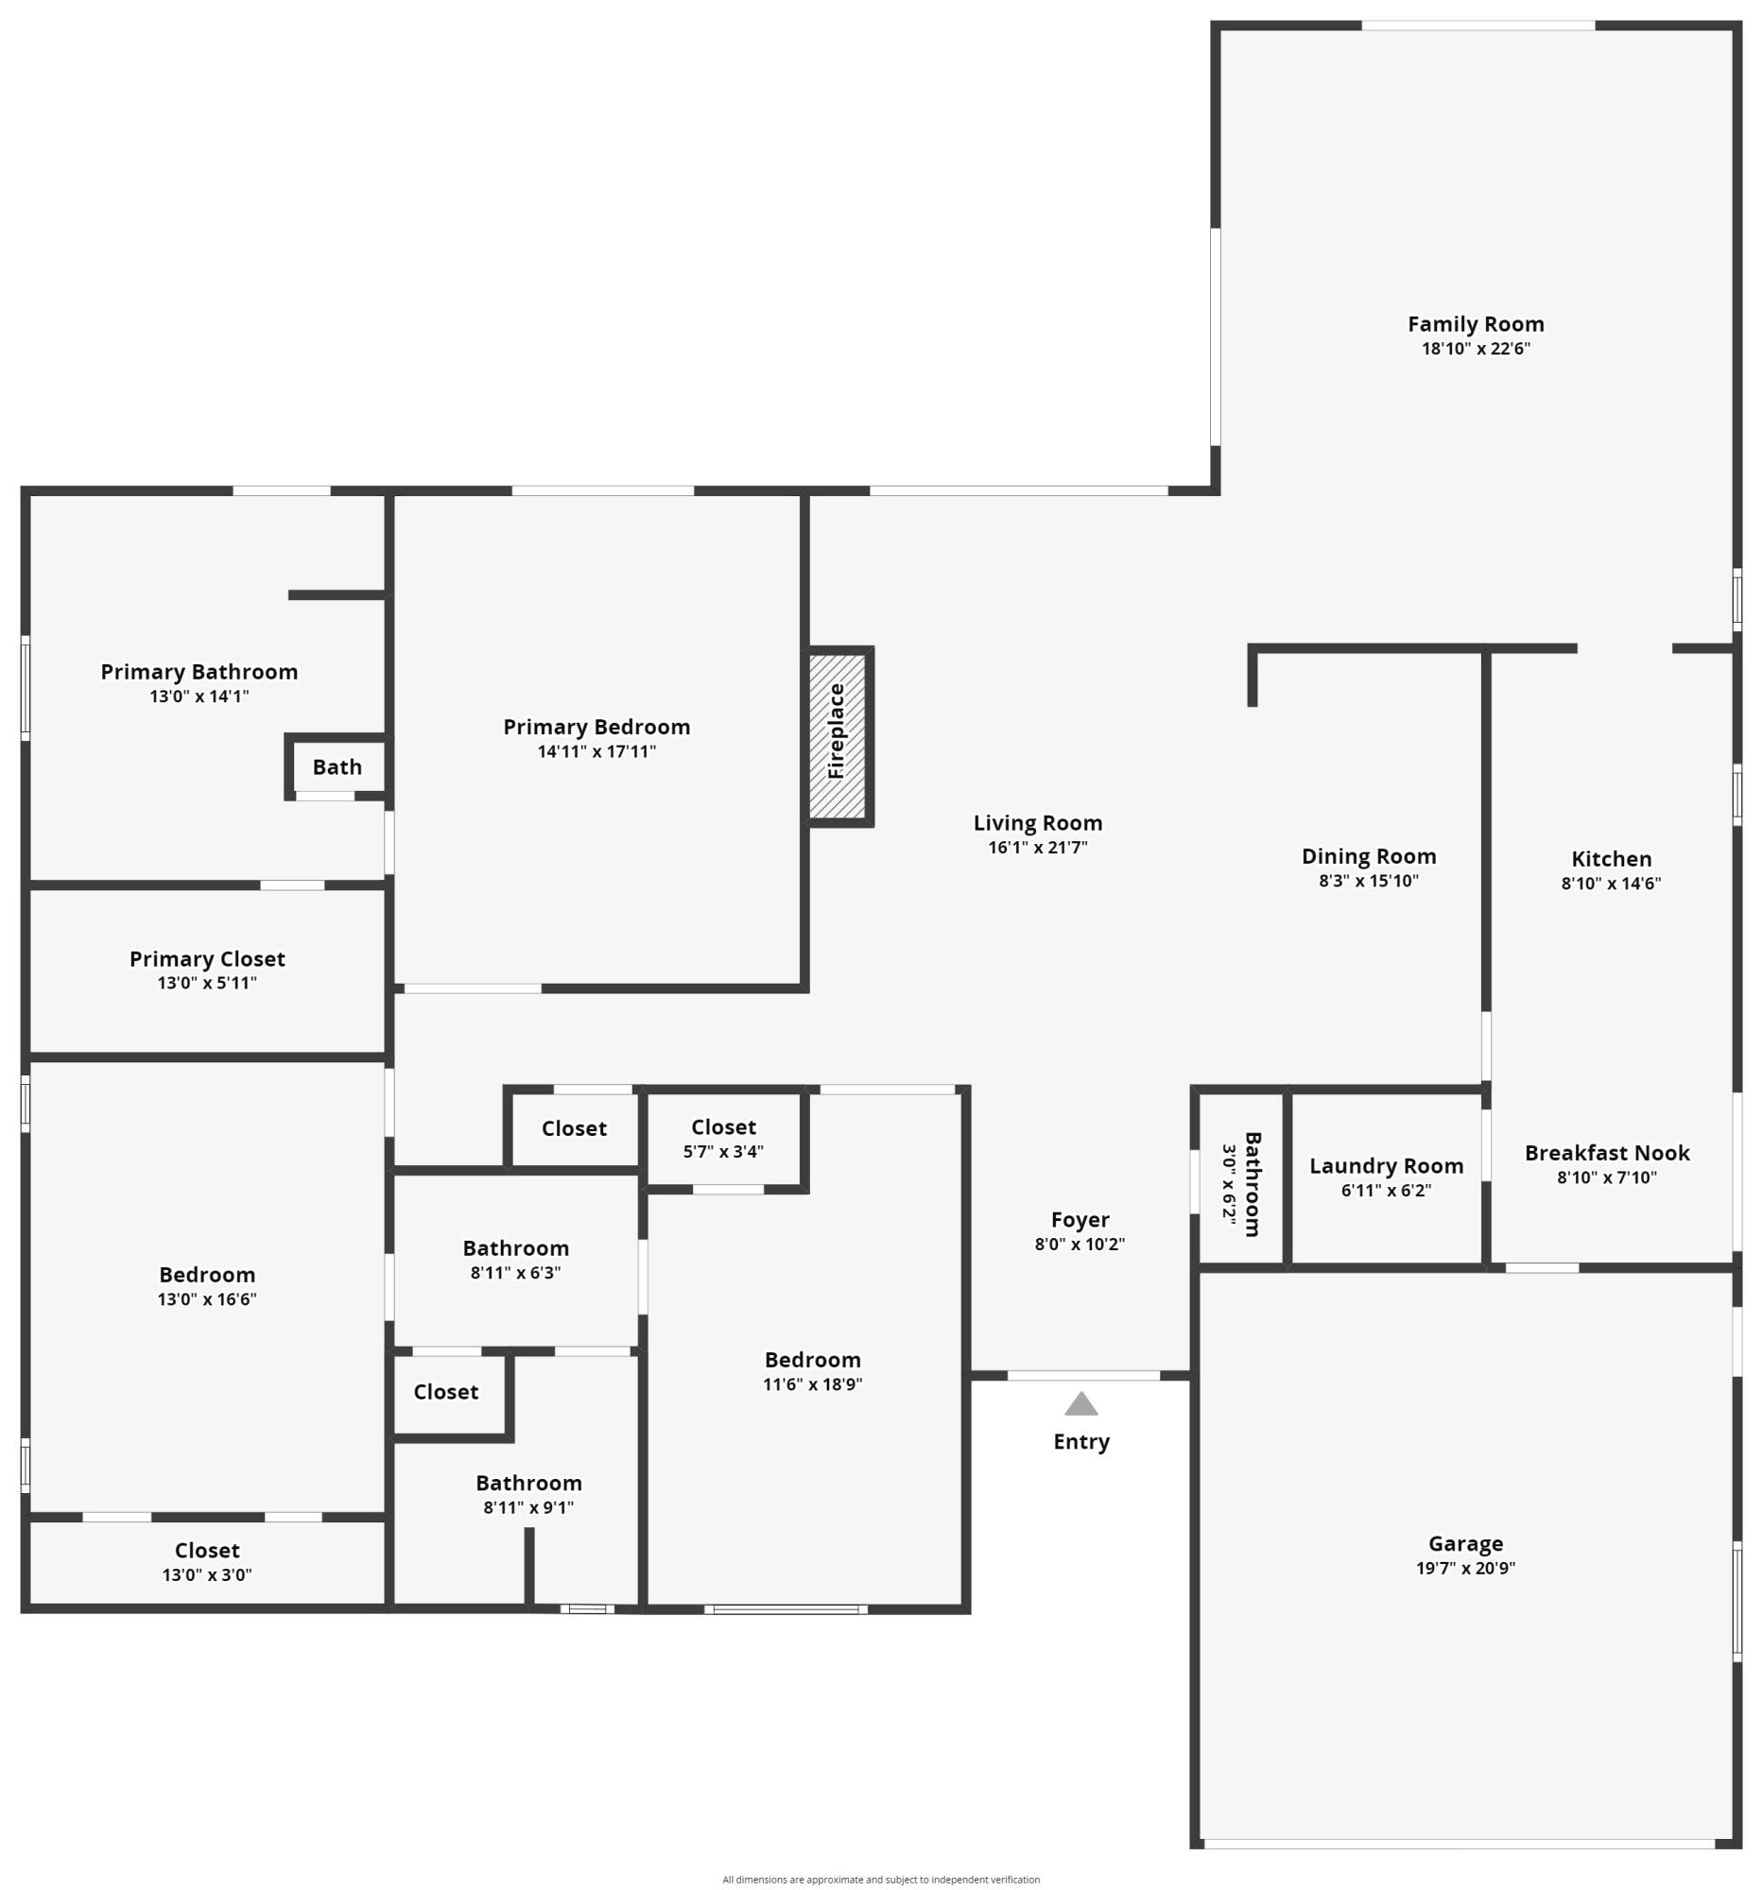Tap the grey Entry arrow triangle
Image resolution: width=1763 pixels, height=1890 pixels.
point(1080,1403)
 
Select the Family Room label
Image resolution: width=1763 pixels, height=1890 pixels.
point(1475,324)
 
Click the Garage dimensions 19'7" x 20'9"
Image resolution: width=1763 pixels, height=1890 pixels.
point(1464,1568)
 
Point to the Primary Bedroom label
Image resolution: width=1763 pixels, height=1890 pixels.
point(596,727)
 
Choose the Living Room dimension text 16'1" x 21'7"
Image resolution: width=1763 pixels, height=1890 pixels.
point(1037,847)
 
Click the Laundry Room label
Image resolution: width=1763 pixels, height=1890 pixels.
point(1386,1165)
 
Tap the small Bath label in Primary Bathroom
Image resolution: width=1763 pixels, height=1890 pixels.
point(337,766)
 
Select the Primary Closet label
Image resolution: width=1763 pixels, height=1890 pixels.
point(207,958)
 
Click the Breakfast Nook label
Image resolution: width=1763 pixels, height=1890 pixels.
point(1606,1152)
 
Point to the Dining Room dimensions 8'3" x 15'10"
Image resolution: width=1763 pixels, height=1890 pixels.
point(1368,881)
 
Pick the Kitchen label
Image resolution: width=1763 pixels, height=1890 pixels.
point(1611,858)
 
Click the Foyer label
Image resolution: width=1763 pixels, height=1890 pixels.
point(1080,1219)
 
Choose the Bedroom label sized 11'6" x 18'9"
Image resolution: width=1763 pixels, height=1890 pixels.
point(812,1360)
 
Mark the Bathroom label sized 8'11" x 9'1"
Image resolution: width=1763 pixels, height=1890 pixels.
point(528,1482)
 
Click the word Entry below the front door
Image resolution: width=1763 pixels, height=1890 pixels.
point(1081,1441)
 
